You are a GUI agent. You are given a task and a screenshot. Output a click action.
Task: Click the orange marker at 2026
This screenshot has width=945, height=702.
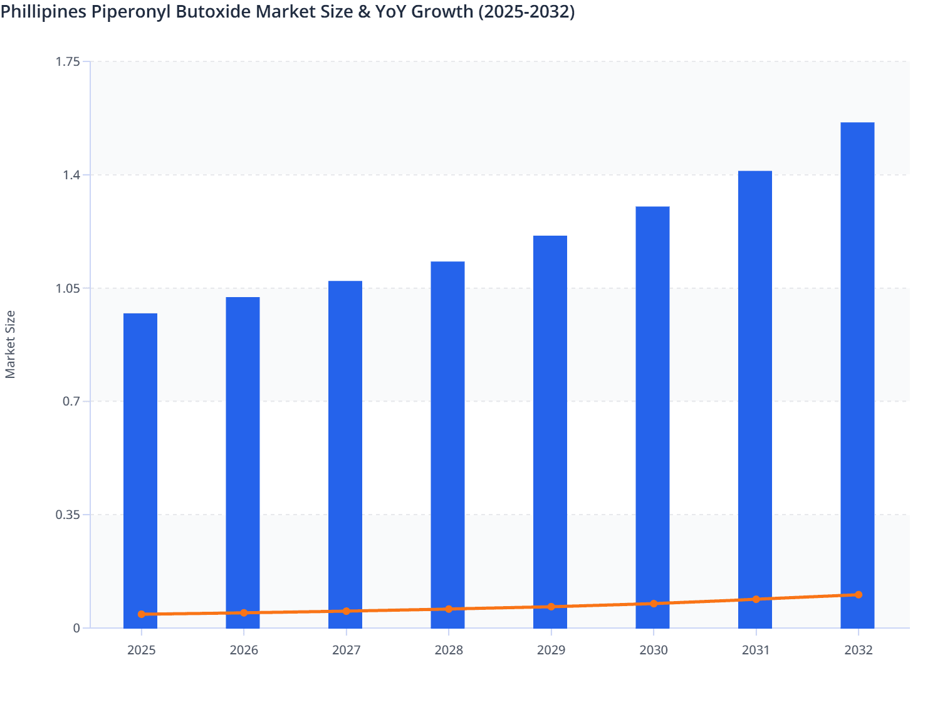(244, 613)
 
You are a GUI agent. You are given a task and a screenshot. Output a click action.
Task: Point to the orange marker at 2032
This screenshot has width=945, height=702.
(858, 595)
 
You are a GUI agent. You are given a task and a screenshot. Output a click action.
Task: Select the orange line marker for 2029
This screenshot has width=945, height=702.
(551, 607)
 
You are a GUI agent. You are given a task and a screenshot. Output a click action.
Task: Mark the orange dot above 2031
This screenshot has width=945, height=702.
(756, 599)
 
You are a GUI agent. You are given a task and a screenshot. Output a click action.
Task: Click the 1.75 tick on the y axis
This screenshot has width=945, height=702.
(68, 61)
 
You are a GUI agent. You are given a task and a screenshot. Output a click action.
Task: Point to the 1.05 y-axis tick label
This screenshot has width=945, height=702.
(68, 288)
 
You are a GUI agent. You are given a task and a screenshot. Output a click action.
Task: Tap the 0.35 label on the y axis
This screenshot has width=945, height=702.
(68, 515)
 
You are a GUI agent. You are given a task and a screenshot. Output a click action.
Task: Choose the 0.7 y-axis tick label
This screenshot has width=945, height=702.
(71, 401)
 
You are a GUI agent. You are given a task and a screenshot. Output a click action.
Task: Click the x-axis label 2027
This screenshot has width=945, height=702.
(346, 650)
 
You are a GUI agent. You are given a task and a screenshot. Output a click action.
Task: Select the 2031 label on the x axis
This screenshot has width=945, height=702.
(756, 650)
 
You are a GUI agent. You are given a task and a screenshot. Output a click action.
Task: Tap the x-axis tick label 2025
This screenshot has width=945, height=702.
(141, 650)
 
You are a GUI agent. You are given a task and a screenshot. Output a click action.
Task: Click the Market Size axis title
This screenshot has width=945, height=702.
(10, 344)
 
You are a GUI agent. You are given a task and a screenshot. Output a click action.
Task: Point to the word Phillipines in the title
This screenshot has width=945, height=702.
(44, 11)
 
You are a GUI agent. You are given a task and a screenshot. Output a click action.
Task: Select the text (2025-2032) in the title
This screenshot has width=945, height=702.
(526, 11)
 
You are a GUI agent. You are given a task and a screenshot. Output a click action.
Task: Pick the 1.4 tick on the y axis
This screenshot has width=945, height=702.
(71, 175)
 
